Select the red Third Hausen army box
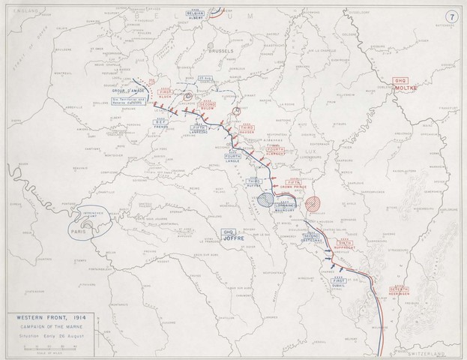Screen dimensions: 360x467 (247, 130)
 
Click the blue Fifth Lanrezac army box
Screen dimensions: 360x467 (198, 130)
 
